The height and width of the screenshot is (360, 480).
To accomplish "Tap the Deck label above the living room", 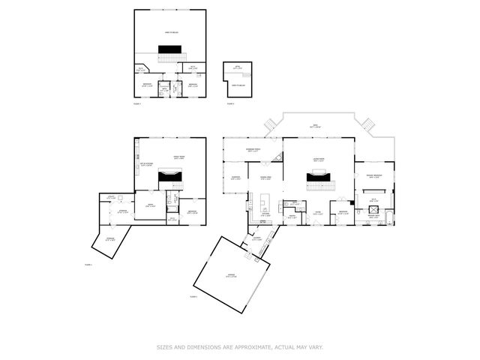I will [x=316, y=126].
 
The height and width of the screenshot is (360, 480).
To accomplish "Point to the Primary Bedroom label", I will [x=374, y=176].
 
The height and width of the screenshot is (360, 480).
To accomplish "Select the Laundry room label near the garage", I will [x=256, y=238].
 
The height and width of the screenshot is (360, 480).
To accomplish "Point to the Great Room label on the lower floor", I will [x=179, y=158].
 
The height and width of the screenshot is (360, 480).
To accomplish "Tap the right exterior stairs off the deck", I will [x=367, y=123].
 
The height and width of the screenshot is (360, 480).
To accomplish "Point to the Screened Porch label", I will [x=253, y=150].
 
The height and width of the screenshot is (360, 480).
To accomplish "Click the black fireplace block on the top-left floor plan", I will [x=169, y=49].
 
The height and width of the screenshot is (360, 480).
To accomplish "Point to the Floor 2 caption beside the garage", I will [x=193, y=297].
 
